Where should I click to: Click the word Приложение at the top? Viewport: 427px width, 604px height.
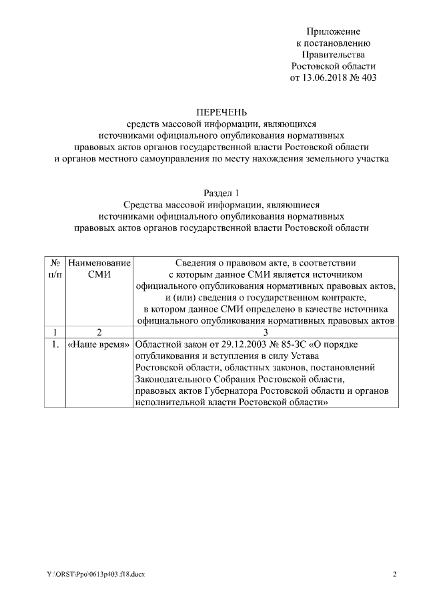[x=334, y=31]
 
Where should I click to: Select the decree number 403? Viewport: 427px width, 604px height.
[x=368, y=77]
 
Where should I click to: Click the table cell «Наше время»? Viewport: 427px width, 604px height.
[x=99, y=345]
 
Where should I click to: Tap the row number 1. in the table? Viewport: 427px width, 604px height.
[x=56, y=345]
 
